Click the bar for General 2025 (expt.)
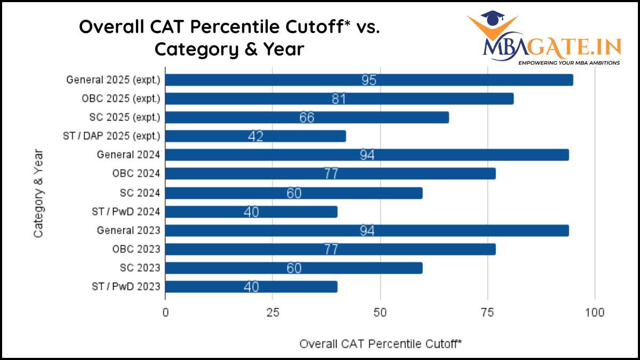(369, 80)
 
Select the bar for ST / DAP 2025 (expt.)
(256, 136)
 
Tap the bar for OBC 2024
(331, 174)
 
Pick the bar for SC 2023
(294, 268)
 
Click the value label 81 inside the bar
(339, 99)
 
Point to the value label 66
(307, 118)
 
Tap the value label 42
(255, 137)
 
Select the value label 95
(369, 81)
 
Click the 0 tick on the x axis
(165, 313)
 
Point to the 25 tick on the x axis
(273, 313)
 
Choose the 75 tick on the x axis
(487, 313)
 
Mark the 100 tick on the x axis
(595, 313)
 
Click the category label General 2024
(129, 155)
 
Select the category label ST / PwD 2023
(126, 287)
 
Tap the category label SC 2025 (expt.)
(124, 117)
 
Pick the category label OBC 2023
(136, 249)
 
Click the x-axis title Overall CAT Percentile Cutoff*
(380, 344)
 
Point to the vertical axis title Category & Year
(38, 193)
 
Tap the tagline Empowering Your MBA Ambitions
(569, 62)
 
